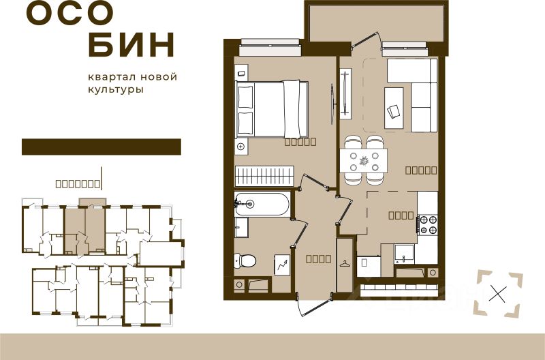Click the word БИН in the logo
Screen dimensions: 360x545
click(132, 45)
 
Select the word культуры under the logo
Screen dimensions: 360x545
click(116, 89)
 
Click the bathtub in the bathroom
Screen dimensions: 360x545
click(262, 204)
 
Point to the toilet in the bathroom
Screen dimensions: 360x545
click(246, 260)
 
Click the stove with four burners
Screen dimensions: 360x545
click(428, 224)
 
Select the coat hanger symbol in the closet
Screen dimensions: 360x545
click(345, 262)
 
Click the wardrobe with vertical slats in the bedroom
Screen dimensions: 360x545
click(264, 176)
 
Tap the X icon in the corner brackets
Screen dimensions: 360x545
click(499, 295)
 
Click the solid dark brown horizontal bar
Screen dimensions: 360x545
click(101, 147)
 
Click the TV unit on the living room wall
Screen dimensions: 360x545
click(345, 92)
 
